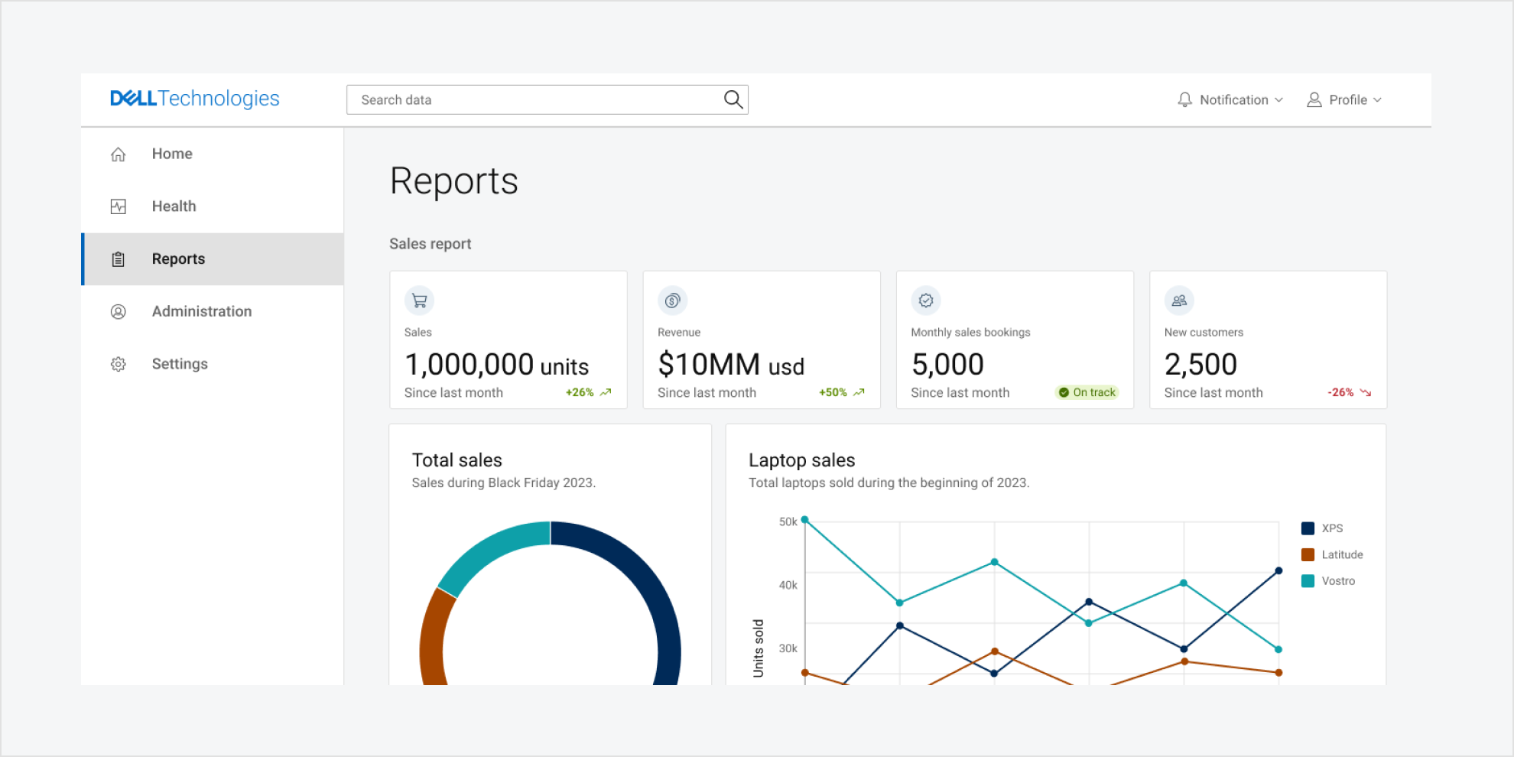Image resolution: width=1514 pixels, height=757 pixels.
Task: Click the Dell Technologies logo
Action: tap(195, 99)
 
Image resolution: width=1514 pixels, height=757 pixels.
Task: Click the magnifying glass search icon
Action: tap(733, 99)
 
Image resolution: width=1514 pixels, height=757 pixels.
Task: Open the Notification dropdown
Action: tap(1230, 100)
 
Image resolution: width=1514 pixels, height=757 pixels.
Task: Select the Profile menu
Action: tap(1345, 100)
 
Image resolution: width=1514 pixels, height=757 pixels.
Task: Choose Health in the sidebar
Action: tap(174, 206)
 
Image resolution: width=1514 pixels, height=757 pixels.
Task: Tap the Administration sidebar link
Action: tap(201, 311)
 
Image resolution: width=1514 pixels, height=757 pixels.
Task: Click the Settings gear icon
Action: tap(119, 364)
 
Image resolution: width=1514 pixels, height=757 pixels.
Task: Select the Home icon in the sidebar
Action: tap(119, 154)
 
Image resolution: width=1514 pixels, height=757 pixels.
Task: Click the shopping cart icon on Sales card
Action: tap(419, 301)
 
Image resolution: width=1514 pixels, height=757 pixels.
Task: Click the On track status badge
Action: tap(1087, 392)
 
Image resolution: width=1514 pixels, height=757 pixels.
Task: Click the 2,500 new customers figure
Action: tap(1200, 365)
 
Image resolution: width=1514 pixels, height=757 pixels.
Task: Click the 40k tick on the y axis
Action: tap(788, 585)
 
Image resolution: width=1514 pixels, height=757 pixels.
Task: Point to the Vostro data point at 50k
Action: tap(804, 520)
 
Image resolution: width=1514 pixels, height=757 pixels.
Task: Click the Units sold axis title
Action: tap(759, 648)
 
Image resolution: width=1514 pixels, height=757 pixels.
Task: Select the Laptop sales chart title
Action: tap(801, 460)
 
